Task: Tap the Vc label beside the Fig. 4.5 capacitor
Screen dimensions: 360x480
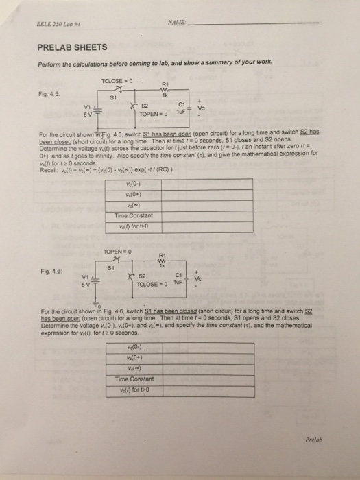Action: (200, 107)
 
